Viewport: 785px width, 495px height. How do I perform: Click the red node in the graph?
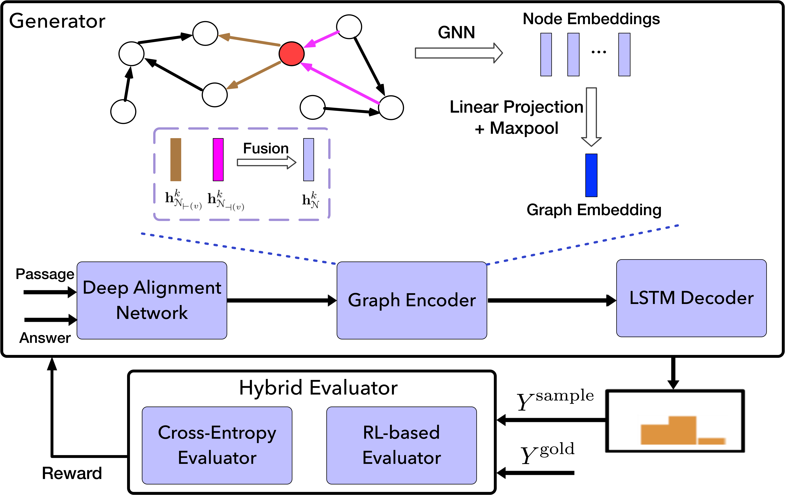pos(291,54)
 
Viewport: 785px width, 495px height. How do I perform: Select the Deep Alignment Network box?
pos(152,300)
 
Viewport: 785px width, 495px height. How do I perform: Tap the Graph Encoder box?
pos(412,300)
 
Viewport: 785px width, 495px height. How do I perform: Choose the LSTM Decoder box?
pos(691,298)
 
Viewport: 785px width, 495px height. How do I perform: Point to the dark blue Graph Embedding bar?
pos(591,175)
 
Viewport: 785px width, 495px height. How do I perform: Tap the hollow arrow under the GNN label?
pos(459,53)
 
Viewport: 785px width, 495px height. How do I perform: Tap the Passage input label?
pos(45,274)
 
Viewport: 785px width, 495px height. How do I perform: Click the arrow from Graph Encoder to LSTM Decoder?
pos(552,300)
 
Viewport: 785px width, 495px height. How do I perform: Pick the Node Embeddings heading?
pos(591,19)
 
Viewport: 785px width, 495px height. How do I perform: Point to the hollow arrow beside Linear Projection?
pos(591,117)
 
